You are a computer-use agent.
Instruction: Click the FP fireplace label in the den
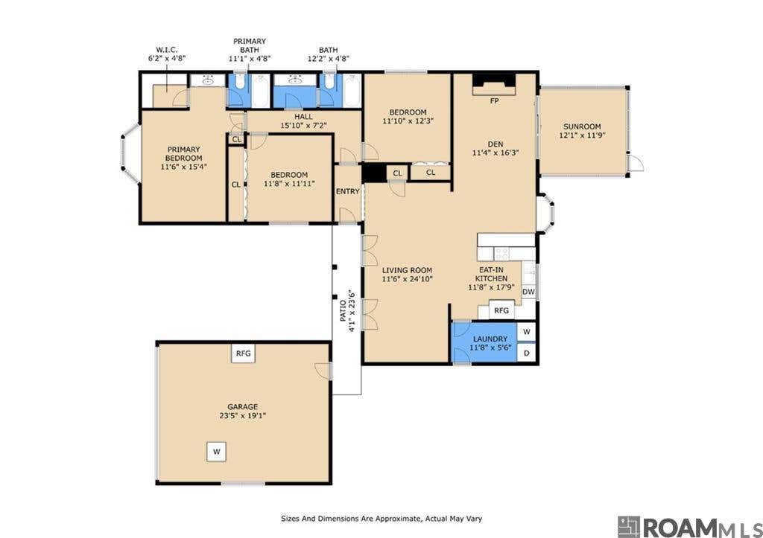tap(495, 101)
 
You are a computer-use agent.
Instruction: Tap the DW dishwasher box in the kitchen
tap(528, 292)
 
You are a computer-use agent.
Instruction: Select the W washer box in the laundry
tap(527, 332)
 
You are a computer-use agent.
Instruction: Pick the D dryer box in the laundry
tap(527, 353)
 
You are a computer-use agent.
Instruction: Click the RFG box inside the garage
tap(244, 353)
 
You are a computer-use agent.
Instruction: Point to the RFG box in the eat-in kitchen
tap(501, 310)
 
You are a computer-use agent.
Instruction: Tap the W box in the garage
tap(217, 452)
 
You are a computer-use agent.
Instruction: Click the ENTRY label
tap(348, 191)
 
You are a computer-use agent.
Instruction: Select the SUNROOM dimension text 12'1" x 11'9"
tap(582, 135)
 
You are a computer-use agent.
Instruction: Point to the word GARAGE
tap(243, 407)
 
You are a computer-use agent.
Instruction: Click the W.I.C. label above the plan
tap(166, 50)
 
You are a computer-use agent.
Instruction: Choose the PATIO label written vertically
tap(343, 310)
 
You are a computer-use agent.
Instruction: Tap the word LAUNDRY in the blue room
tap(490, 339)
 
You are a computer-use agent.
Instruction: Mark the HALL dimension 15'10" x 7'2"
tap(304, 126)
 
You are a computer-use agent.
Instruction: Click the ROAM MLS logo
tap(690, 528)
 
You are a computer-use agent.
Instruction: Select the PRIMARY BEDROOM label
tap(183, 153)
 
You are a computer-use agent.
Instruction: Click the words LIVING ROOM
tap(408, 270)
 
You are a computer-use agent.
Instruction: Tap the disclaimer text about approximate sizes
tap(381, 519)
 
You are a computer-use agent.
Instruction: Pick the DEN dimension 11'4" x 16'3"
tap(496, 153)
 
